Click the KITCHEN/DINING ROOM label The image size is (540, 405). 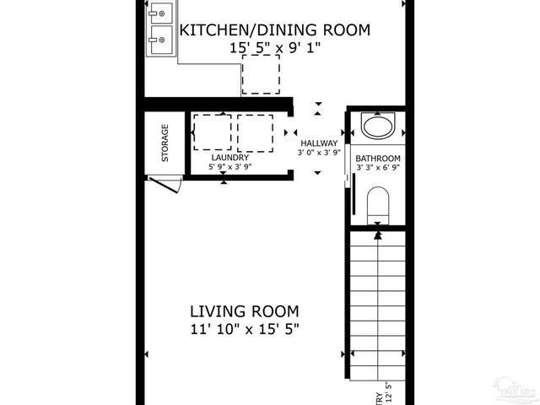click(276, 30)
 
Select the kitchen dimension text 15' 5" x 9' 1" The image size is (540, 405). click(276, 49)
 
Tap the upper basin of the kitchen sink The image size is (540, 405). click(161, 13)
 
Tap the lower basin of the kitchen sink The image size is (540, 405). click(161, 37)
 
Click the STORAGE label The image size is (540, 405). click(165, 143)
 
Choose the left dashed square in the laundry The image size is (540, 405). click(212, 132)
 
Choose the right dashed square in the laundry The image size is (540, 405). click(256, 132)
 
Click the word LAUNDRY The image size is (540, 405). click(229, 158)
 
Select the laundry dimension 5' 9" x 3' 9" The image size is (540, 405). click(229, 167)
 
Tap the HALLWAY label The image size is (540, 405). click(318, 143)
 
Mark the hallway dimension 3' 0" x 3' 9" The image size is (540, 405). click(318, 154)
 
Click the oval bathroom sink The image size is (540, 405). click(377, 127)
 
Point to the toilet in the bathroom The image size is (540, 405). click(377, 205)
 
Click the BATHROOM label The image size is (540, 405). click(377, 159)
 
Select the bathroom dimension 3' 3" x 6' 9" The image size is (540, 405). click(377, 168)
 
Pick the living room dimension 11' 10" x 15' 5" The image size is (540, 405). click(244, 329)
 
